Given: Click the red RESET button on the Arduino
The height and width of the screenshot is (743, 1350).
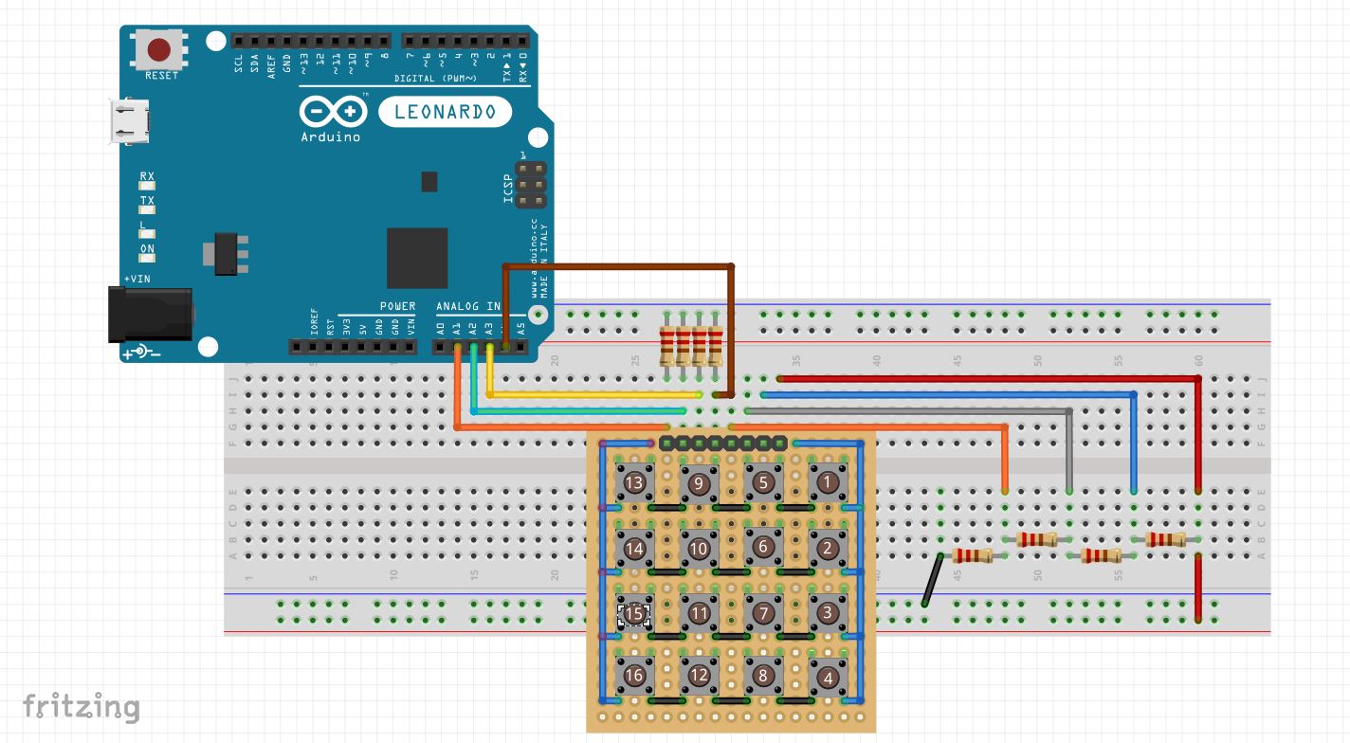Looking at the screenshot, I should pos(159,49).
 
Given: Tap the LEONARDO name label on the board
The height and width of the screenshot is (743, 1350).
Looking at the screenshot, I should pos(445,112).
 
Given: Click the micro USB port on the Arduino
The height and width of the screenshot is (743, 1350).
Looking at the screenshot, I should pos(127,121).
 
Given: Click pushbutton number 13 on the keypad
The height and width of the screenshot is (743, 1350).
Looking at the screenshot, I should pos(634,483).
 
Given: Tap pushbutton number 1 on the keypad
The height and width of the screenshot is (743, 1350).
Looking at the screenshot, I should pos(827,482).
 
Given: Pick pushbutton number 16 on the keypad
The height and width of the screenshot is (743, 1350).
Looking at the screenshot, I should pos(634,676).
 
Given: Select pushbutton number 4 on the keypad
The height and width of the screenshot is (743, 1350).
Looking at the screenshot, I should pos(828,678).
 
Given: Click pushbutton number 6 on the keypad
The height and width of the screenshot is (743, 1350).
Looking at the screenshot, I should pos(762,547).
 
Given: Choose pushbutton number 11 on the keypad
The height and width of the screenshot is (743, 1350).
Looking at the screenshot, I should pos(699,612).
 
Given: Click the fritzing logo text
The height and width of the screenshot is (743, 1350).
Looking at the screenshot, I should pos(81,707).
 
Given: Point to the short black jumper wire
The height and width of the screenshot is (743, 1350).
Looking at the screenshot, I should pos(932,580).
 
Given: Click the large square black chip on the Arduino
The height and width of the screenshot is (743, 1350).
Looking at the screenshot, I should pos(417,257).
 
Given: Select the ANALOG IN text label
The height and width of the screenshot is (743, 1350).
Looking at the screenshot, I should pos(466,307).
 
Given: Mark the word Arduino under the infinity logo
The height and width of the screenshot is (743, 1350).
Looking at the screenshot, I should pos(330,137).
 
